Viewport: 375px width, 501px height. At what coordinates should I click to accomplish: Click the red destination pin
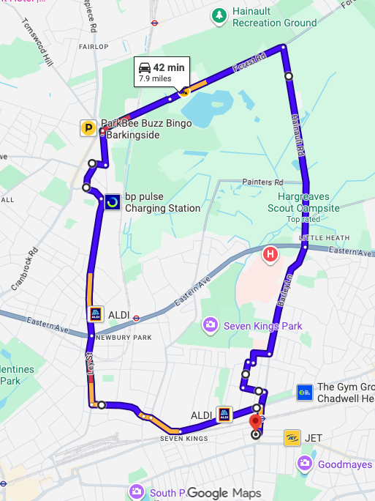[255, 421]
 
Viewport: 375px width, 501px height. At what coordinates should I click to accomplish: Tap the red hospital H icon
[270, 255]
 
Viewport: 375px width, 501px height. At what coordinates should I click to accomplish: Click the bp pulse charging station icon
[113, 201]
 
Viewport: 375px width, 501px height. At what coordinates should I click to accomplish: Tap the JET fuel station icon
[292, 438]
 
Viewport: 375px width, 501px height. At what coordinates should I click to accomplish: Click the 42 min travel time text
[169, 68]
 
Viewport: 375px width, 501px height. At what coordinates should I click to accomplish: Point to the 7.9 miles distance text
[155, 78]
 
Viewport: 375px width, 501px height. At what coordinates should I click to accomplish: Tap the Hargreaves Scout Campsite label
[308, 203]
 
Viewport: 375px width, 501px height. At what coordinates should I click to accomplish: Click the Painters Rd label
[262, 182]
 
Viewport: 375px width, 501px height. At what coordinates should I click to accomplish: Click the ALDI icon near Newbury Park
[95, 314]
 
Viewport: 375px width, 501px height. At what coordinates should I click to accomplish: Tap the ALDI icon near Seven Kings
[224, 415]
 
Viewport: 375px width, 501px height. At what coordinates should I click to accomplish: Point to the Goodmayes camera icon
[305, 464]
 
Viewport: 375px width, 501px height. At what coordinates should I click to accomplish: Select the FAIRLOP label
[93, 46]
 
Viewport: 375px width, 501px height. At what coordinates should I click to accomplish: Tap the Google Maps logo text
[224, 493]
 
